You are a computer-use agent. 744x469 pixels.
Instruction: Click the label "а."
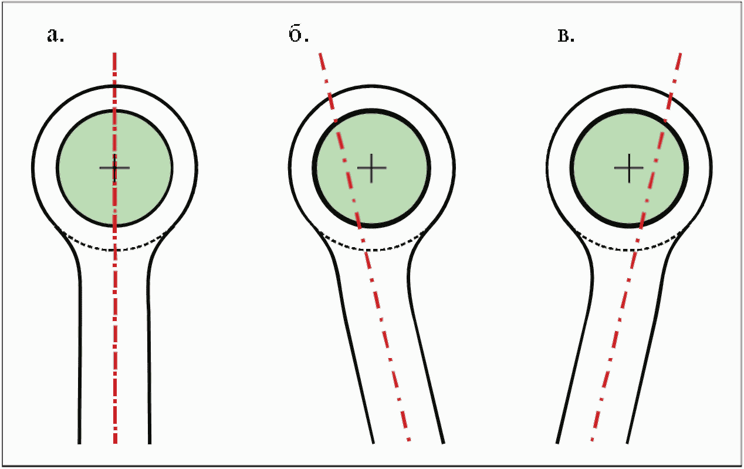click(55, 36)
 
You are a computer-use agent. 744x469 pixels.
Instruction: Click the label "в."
click(565, 36)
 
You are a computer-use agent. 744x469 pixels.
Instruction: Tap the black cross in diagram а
click(114, 168)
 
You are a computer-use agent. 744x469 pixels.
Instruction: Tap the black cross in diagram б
click(372, 168)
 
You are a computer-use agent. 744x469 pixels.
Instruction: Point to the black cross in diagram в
click(629, 168)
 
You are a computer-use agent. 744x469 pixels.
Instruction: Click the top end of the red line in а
click(115, 53)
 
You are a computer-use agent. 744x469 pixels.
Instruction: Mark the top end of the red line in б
click(319, 53)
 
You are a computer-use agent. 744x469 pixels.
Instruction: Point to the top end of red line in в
click(681, 53)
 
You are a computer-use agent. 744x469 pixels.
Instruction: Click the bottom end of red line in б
click(409, 440)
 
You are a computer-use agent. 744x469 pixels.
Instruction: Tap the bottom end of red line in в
click(593, 440)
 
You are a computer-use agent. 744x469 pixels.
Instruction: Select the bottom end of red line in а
click(116, 442)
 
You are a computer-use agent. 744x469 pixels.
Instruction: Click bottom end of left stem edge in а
click(79, 442)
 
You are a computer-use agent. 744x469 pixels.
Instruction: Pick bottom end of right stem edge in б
click(443, 441)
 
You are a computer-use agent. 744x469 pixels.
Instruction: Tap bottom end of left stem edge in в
click(557, 441)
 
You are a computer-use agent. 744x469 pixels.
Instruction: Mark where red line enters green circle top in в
click(665, 120)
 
